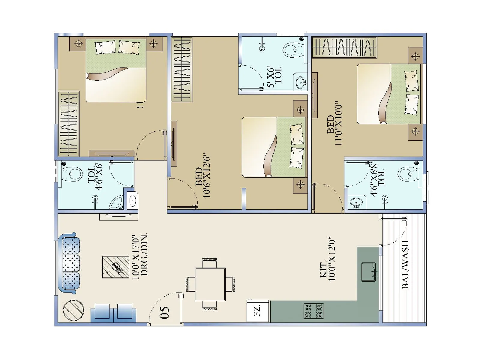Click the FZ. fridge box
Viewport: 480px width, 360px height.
[257, 311]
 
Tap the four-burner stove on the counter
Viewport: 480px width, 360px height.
[313, 311]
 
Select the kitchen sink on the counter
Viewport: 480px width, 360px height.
[368, 272]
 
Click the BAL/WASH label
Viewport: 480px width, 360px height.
[405, 265]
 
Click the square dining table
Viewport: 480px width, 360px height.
[210, 284]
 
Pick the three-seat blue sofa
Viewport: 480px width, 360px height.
[70, 263]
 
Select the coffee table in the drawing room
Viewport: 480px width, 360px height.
[116, 267]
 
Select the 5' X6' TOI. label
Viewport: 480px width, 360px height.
[274, 77]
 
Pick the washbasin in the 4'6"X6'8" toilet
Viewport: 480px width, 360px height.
[357, 202]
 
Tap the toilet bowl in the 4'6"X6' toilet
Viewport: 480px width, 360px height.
[73, 174]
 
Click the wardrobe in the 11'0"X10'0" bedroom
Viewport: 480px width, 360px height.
[344, 47]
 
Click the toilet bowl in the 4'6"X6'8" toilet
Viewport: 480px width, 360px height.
[407, 174]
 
